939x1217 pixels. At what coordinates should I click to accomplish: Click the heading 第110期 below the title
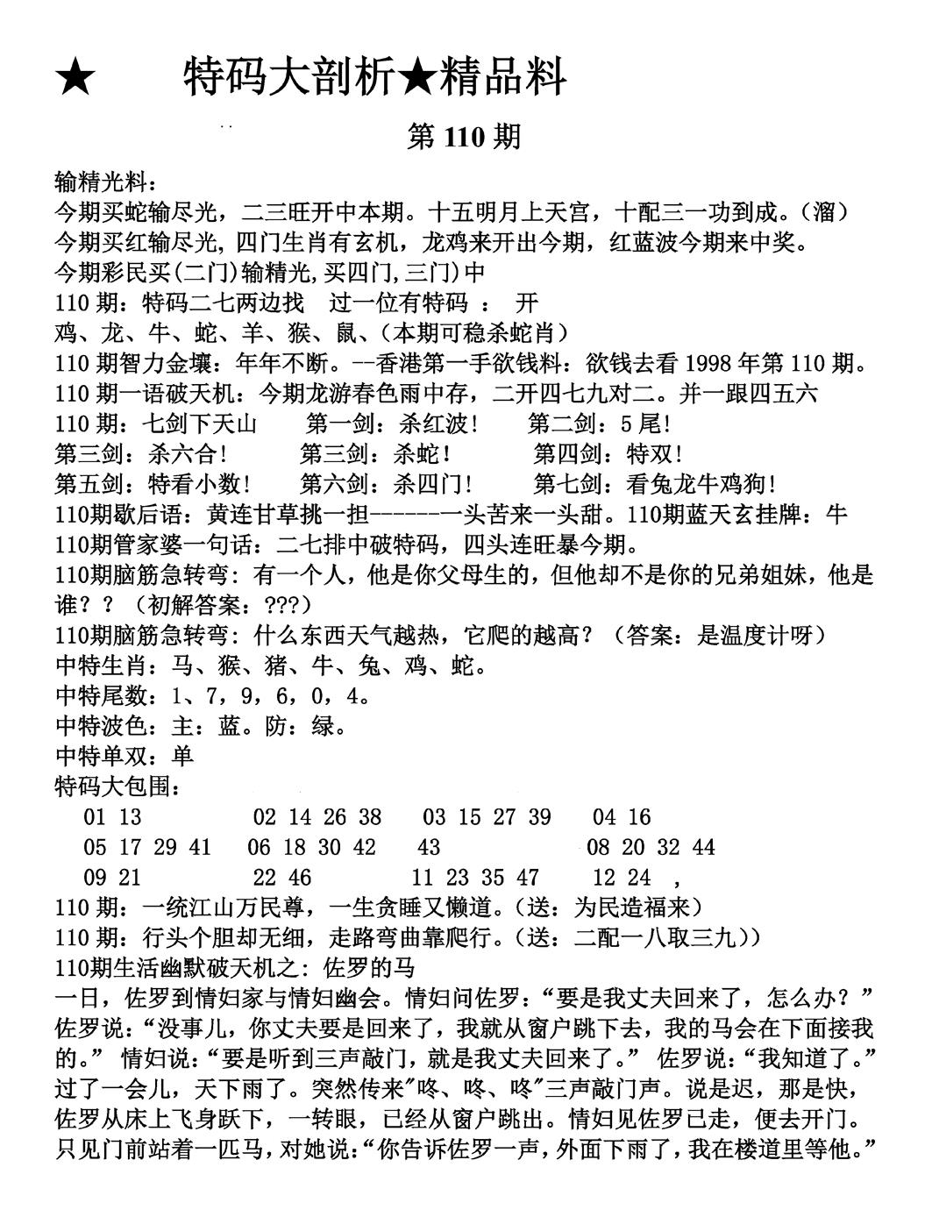click(464, 137)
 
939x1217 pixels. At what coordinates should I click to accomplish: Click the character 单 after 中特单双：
click(182, 757)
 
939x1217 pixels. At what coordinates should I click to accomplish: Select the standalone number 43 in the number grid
click(430, 847)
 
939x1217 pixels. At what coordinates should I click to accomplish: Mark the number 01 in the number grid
click(95, 817)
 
